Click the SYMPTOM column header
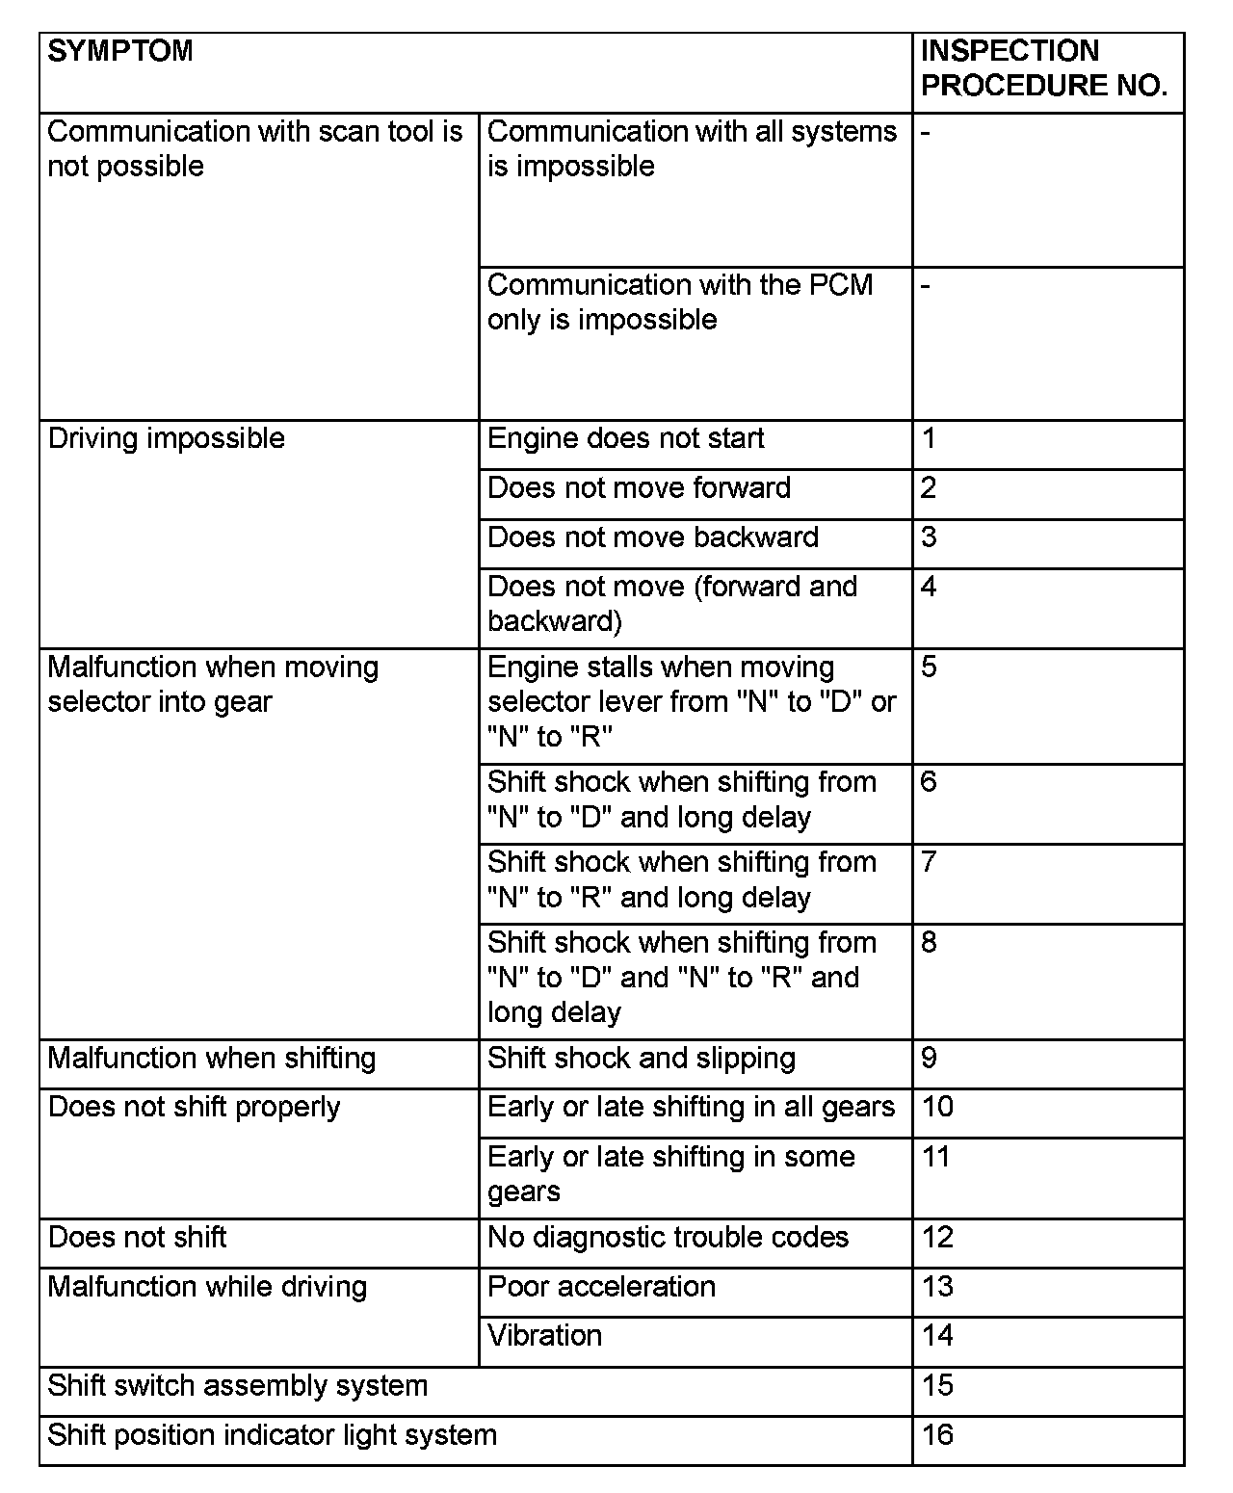(x=120, y=51)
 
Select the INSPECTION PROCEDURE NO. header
(x=1044, y=68)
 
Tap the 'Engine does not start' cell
(x=625, y=439)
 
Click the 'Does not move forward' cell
(x=639, y=488)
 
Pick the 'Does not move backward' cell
(x=652, y=537)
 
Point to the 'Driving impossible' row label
(x=167, y=439)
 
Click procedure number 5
(x=929, y=668)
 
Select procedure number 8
(x=929, y=943)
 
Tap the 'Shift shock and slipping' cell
(x=642, y=1059)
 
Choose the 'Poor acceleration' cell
(x=601, y=1287)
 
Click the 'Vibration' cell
(x=544, y=1336)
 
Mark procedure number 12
(x=937, y=1238)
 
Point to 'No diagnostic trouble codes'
(x=668, y=1238)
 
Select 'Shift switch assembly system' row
(x=237, y=1386)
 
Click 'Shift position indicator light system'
(x=272, y=1435)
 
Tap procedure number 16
(x=937, y=1435)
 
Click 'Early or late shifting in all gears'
(x=691, y=1108)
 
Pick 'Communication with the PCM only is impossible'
(x=679, y=302)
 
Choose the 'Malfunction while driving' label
(x=207, y=1287)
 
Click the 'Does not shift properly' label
(x=194, y=1108)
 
